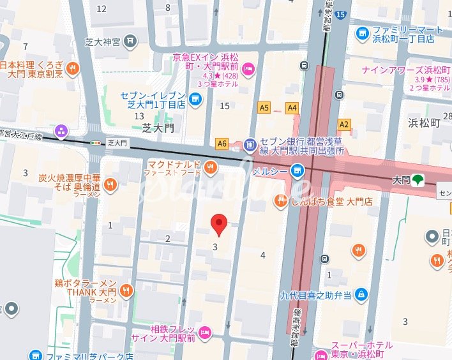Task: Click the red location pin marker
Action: coord(219,225)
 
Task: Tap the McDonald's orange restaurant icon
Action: coord(211,168)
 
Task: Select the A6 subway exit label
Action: coord(222,144)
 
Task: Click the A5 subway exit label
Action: coord(264,108)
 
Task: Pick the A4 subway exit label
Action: coord(292,108)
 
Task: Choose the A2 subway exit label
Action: coord(344,124)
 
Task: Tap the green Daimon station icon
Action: coord(418,181)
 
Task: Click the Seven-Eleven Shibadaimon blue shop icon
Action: coord(195,99)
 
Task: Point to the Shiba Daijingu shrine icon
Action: coord(131,41)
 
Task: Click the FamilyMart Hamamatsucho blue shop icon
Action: coord(363,33)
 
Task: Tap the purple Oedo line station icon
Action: coord(61,131)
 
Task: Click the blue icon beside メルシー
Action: coord(296,170)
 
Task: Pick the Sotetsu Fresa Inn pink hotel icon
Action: coord(205,331)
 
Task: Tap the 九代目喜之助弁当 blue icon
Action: coord(361,294)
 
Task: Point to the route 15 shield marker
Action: coord(341,13)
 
